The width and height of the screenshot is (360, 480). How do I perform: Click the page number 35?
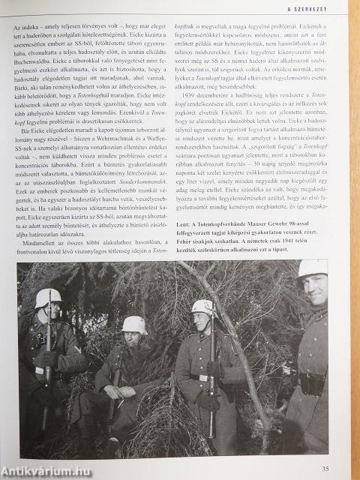324,469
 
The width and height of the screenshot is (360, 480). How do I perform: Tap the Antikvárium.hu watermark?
45,471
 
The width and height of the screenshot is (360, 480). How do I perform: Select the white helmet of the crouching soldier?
134,324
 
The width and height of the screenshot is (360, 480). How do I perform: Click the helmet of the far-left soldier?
48,298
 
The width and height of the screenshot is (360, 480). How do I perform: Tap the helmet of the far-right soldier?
312,268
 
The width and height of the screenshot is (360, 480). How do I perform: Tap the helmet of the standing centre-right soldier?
202,306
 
